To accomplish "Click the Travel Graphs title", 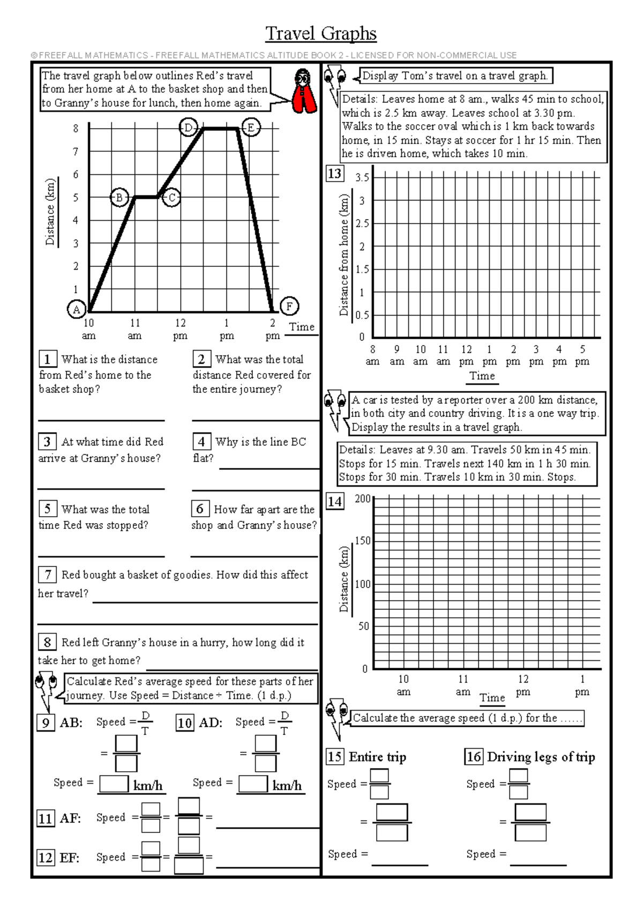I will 321,33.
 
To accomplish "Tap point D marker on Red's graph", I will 188,128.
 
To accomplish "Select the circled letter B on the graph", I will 119,197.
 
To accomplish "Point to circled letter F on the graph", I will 289,307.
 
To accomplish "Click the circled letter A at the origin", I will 77,309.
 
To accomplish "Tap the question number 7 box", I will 48,575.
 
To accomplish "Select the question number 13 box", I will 334,174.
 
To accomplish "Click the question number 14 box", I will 335,502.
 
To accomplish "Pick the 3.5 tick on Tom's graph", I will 362,177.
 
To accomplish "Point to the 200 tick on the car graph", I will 363,498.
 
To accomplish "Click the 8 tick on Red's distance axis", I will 76,129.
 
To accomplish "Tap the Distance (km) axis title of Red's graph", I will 50,212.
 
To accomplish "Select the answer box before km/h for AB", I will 114,784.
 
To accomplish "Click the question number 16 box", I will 474,757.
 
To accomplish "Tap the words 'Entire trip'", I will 378,757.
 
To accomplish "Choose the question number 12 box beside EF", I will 46,858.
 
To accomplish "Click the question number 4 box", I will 201,442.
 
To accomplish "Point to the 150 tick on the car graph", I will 363,541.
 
